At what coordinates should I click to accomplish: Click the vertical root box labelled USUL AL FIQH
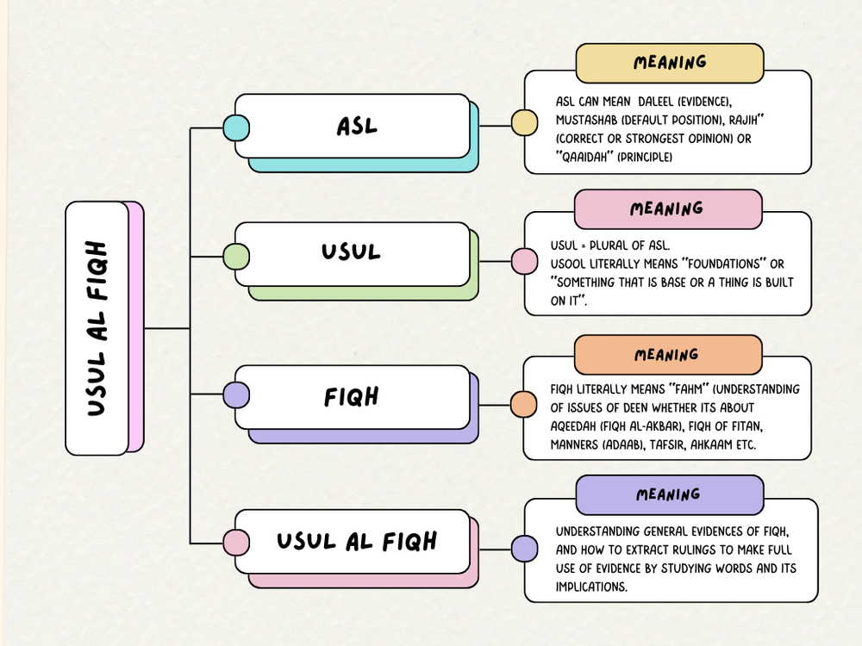pyautogui.click(x=97, y=328)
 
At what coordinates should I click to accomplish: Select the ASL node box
pyautogui.click(x=353, y=126)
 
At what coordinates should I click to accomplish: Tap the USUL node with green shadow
pyautogui.click(x=353, y=254)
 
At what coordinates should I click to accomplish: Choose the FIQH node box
pyautogui.click(x=353, y=397)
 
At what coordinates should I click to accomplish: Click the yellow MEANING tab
pyautogui.click(x=670, y=63)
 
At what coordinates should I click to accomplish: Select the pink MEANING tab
pyautogui.click(x=667, y=208)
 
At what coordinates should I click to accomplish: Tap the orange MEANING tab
pyautogui.click(x=667, y=355)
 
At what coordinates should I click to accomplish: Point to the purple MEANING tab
pyautogui.click(x=669, y=495)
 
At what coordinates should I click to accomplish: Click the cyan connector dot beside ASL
pyautogui.click(x=236, y=128)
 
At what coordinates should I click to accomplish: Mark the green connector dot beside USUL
pyautogui.click(x=236, y=256)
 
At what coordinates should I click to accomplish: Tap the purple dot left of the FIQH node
pyautogui.click(x=236, y=395)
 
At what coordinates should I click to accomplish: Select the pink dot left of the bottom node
pyautogui.click(x=236, y=543)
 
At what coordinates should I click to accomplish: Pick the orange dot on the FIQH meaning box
pyautogui.click(x=523, y=404)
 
